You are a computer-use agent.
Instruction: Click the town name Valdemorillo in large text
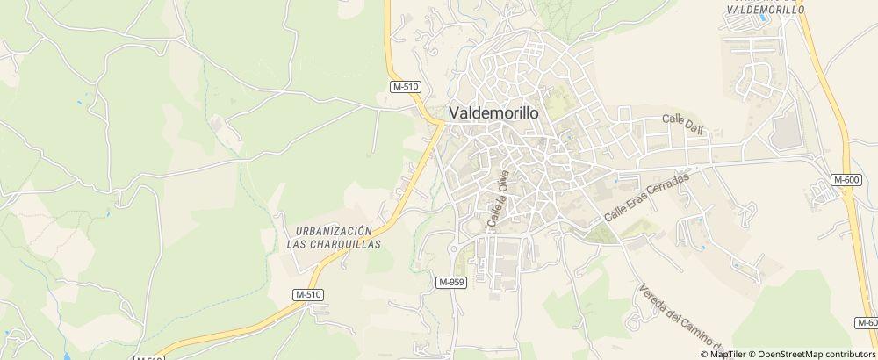click(x=494, y=113)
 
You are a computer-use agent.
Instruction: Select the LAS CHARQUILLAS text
click(x=334, y=245)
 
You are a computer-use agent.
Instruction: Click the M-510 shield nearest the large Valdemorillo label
click(x=406, y=86)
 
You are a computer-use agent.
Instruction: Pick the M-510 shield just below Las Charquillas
click(x=308, y=293)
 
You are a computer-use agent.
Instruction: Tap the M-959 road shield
click(x=451, y=281)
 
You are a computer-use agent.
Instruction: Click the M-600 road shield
click(x=846, y=180)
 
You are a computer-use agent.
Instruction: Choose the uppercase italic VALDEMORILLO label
click(x=766, y=9)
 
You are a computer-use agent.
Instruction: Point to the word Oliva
click(x=503, y=182)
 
